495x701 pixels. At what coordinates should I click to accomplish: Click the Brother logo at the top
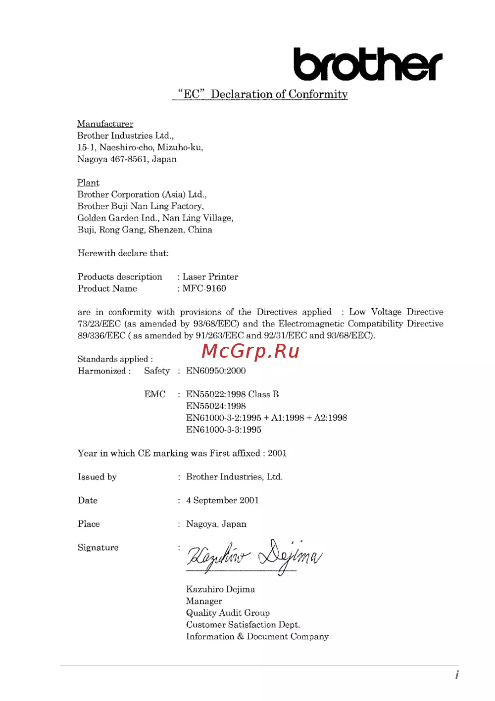(367, 64)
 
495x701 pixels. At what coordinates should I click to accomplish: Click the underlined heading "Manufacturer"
(105, 124)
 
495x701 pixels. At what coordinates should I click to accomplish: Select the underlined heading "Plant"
(88, 183)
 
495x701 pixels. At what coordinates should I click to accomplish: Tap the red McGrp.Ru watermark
(250, 351)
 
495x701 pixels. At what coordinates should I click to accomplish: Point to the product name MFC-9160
(204, 288)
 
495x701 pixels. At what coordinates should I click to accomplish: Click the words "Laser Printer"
(210, 277)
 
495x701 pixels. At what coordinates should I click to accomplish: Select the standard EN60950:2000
(216, 371)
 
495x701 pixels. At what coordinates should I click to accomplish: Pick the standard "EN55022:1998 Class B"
(232, 394)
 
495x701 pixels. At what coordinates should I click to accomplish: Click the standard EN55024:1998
(216, 406)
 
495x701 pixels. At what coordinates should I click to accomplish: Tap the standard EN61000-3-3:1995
(224, 429)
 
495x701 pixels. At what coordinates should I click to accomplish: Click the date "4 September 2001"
(222, 500)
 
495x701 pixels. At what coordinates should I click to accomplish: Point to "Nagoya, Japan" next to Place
(216, 524)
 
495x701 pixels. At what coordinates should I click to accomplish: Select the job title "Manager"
(204, 601)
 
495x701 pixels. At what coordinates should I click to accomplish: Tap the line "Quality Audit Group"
(228, 613)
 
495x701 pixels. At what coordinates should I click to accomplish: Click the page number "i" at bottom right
(457, 675)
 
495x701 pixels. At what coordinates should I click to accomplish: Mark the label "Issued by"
(97, 477)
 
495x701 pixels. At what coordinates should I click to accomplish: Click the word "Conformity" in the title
(318, 94)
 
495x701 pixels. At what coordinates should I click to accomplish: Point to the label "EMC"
(155, 394)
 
